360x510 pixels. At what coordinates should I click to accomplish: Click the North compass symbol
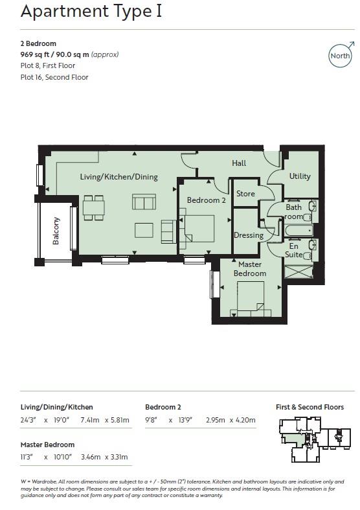[x=340, y=56]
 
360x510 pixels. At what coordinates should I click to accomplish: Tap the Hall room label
[x=239, y=163]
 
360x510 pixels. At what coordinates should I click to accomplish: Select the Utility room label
[x=300, y=176]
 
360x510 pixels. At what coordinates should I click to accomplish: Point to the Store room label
[x=245, y=194]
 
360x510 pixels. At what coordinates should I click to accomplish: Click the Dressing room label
[x=249, y=235]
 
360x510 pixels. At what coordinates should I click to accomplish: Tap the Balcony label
[x=56, y=231]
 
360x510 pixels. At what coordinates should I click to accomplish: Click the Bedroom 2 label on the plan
[x=207, y=200]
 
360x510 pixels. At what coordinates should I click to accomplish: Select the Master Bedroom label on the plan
[x=250, y=269]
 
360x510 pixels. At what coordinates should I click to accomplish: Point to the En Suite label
[x=294, y=250]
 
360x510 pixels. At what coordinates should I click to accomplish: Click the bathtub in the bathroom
[x=298, y=231]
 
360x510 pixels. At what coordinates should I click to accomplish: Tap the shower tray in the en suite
[x=298, y=272]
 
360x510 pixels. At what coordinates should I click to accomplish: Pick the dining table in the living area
[x=94, y=207]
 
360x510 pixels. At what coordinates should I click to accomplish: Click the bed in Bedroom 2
[x=197, y=228]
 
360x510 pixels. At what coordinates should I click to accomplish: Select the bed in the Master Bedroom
[x=251, y=299]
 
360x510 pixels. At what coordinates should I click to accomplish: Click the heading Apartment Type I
[x=91, y=11]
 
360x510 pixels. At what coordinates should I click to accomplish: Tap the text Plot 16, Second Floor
[x=54, y=77]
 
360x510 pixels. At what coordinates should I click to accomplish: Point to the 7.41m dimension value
[x=89, y=420]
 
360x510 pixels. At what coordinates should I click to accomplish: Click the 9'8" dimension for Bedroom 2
[x=151, y=420]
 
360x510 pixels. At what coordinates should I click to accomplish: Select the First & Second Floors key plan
[x=315, y=439]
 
